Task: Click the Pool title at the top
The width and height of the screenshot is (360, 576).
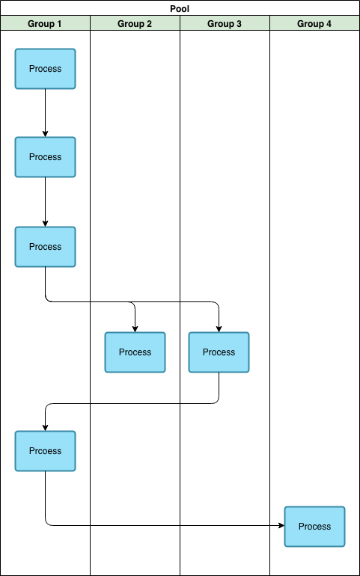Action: pyautogui.click(x=180, y=8)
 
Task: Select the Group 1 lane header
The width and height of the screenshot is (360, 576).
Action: pyautogui.click(x=45, y=24)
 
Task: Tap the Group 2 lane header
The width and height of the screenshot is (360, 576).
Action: pyautogui.click(x=135, y=24)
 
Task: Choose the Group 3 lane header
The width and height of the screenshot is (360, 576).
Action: pyautogui.click(x=225, y=24)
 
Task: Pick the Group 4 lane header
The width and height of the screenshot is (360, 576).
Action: pyautogui.click(x=314, y=24)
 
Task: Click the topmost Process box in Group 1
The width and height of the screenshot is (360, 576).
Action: pyautogui.click(x=45, y=69)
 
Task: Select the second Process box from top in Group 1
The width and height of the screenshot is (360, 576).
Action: pyautogui.click(x=45, y=157)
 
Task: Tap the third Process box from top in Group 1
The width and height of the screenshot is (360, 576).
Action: pyautogui.click(x=45, y=247)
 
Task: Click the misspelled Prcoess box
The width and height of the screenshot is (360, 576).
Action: pyautogui.click(x=45, y=451)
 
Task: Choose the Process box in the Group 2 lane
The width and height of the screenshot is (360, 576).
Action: pyautogui.click(x=135, y=352)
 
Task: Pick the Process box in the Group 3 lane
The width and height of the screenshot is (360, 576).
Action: pyautogui.click(x=219, y=352)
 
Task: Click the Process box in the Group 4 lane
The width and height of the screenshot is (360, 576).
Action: pyautogui.click(x=314, y=527)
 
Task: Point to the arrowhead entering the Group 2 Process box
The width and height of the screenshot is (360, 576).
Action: pyautogui.click(x=135, y=329)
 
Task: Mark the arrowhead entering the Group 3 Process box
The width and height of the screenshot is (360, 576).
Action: pyautogui.click(x=219, y=329)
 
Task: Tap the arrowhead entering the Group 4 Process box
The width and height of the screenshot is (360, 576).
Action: pyautogui.click(x=281, y=525)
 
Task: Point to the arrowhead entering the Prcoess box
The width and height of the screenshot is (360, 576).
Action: pyautogui.click(x=45, y=428)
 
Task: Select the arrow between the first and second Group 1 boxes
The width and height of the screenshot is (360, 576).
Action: pyautogui.click(x=45, y=113)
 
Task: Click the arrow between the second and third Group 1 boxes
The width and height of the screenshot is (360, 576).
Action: pyautogui.click(x=45, y=202)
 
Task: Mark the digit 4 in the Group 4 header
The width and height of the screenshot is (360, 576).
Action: pyautogui.click(x=329, y=24)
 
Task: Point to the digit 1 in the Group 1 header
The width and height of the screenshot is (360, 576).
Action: pyautogui.click(x=59, y=24)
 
